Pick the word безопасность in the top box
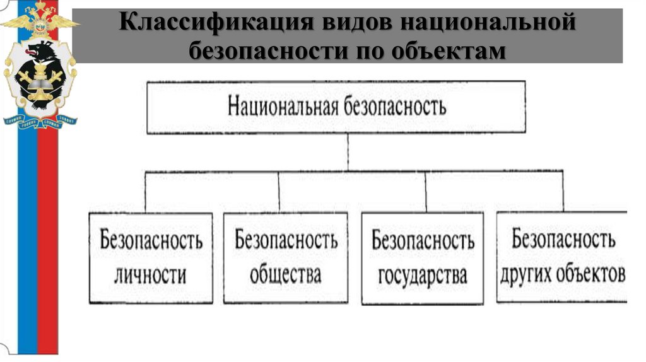395,107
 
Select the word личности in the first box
151,275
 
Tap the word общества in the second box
285,275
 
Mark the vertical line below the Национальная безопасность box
348,151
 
